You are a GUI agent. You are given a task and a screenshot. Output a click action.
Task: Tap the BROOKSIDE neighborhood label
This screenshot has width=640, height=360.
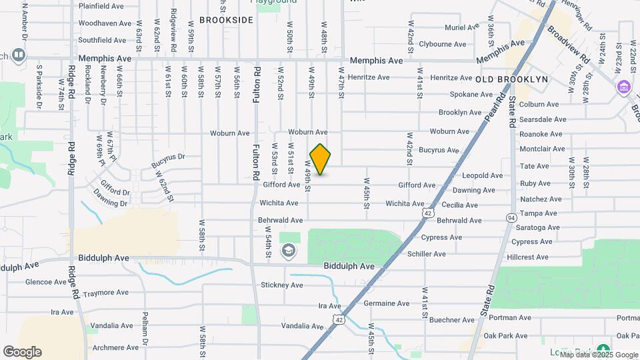click(x=227, y=20)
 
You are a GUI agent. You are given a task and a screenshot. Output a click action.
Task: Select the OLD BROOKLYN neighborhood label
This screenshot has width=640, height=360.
click(x=512, y=79)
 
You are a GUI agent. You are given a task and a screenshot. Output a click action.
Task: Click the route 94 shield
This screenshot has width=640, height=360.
click(x=511, y=218)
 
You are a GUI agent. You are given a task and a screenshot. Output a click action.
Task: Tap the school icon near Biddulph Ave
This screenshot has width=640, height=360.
click(x=289, y=251)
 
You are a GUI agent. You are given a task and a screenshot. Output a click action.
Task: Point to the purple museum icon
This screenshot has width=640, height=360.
click(x=623, y=87)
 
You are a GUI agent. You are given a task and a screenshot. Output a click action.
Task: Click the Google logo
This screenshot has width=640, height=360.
click(x=22, y=352)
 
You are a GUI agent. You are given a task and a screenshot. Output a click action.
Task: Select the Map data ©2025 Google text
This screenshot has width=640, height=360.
click(x=599, y=355)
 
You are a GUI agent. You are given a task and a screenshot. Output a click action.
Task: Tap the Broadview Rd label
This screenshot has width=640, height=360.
click(x=569, y=45)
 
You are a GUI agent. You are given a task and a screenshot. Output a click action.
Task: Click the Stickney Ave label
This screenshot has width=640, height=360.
click(x=282, y=285)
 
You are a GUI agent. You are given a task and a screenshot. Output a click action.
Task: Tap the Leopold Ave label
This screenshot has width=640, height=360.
click(x=483, y=176)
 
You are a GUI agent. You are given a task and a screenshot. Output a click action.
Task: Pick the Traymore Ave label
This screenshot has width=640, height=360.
click(x=105, y=293)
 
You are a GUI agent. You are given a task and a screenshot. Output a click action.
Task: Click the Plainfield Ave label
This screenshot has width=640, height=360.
click(x=101, y=6)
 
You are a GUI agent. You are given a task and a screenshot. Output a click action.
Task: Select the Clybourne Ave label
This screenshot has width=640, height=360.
click(x=443, y=44)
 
